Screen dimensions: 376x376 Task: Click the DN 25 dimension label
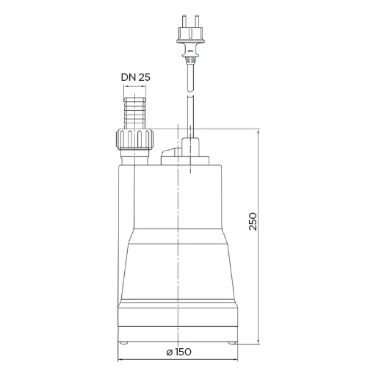click(136, 77)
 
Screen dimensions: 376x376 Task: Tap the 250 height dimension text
click(253, 222)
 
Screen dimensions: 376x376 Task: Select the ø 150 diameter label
click(178, 352)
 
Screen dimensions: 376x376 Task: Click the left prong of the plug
click(184, 21)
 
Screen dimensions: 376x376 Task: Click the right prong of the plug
click(197, 21)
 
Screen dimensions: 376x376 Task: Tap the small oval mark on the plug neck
click(190, 51)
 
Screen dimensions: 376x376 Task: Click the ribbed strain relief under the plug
click(190, 60)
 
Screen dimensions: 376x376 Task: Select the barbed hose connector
click(135, 113)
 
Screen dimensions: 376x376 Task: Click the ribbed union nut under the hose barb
click(134, 139)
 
